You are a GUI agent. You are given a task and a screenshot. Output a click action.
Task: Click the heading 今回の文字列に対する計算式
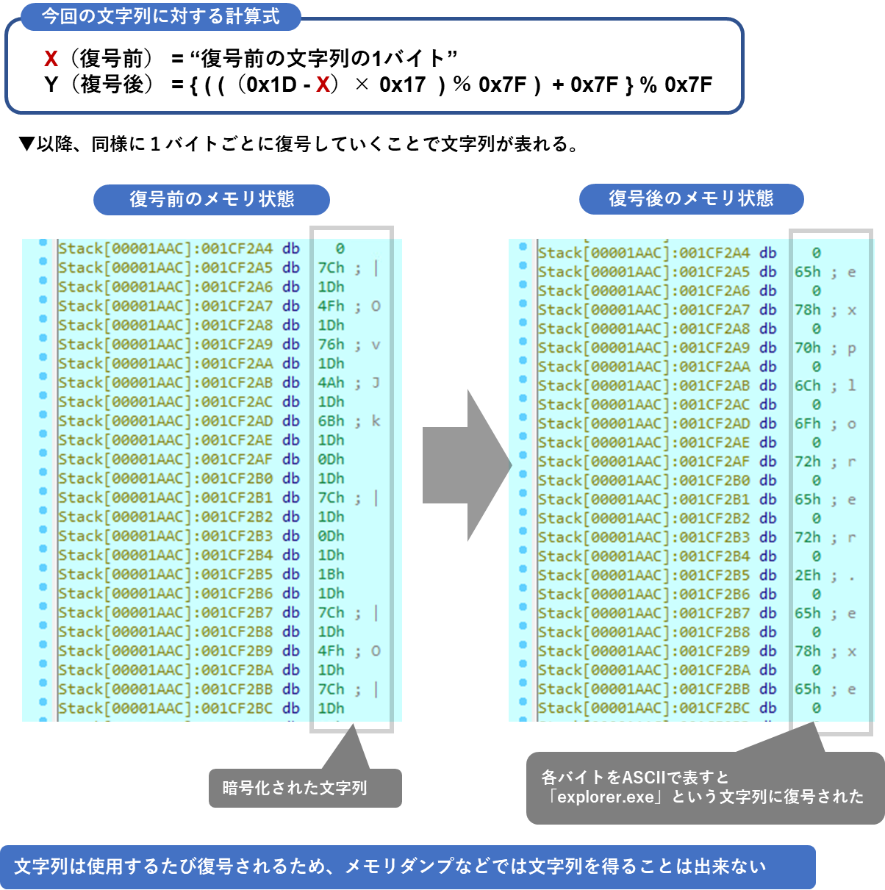pyautogui.click(x=160, y=16)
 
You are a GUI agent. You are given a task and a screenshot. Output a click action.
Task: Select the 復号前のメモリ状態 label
pyautogui.click(x=212, y=199)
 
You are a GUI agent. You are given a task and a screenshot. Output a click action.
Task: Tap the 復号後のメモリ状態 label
pyautogui.click(x=691, y=198)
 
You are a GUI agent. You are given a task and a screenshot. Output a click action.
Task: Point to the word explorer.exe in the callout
pyautogui.click(x=606, y=797)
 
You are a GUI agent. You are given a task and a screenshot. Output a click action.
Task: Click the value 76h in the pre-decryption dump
pyautogui.click(x=331, y=345)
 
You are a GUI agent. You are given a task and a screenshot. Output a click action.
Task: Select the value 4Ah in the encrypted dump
pyautogui.click(x=331, y=383)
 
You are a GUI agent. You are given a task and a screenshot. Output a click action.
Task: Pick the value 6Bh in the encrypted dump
pyautogui.click(x=331, y=421)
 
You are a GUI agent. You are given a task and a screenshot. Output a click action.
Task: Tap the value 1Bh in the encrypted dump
pyautogui.click(x=331, y=574)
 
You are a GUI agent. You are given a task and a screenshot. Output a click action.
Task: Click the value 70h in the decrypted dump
pyautogui.click(x=807, y=348)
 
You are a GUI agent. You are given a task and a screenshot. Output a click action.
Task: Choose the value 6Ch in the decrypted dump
pyautogui.click(x=807, y=386)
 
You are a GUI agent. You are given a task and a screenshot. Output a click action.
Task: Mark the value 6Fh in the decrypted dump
pyautogui.click(x=807, y=424)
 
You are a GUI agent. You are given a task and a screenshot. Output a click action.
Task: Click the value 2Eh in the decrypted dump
pyautogui.click(x=807, y=575)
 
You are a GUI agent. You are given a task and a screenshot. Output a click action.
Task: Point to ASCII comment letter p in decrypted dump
pyautogui.click(x=851, y=349)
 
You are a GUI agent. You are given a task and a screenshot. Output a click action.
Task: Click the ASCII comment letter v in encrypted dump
pyautogui.click(x=376, y=345)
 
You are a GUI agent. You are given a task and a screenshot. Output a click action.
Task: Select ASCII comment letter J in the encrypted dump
pyautogui.click(x=376, y=383)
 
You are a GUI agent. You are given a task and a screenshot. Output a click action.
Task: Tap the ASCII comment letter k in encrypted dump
pyautogui.click(x=376, y=421)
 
